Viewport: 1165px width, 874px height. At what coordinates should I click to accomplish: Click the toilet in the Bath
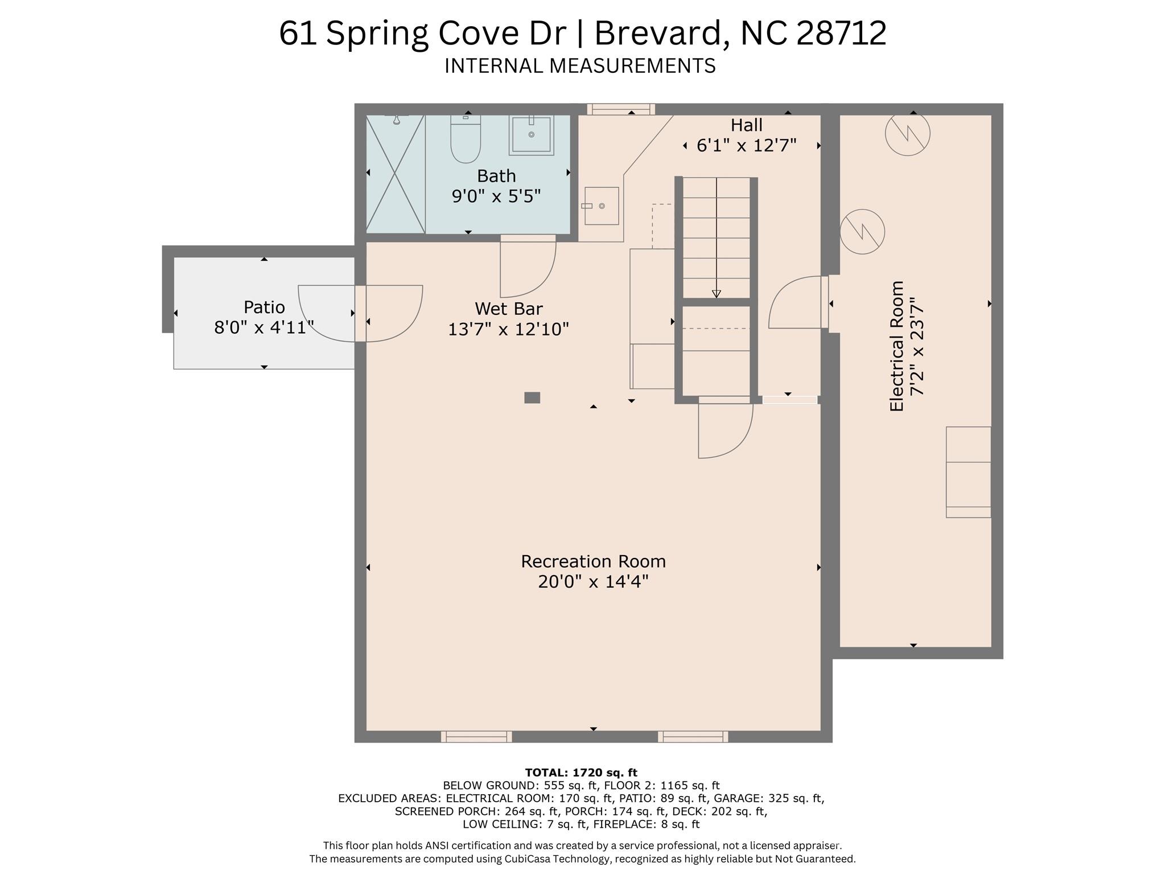[x=466, y=139]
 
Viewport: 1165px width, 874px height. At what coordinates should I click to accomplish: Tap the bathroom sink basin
[x=531, y=135]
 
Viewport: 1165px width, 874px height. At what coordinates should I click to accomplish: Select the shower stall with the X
[x=395, y=174]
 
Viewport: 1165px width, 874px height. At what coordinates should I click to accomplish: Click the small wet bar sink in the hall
[x=601, y=206]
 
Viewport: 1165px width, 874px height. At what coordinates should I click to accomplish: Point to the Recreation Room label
[x=593, y=561]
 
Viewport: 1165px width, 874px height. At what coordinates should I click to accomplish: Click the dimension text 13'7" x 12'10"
[x=508, y=330]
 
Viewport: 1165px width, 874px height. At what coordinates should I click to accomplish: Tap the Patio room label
[x=264, y=307]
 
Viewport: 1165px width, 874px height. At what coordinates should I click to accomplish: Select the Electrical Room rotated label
[x=897, y=346]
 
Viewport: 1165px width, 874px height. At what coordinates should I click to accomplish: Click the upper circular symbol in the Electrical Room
[x=907, y=133]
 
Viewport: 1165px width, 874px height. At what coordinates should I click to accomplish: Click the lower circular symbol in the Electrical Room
[x=862, y=231]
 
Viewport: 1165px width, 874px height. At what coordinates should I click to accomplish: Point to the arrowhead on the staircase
[x=716, y=294]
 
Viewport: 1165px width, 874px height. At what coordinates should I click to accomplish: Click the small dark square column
[x=532, y=397]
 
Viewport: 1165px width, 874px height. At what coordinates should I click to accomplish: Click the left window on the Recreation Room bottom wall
[x=476, y=737]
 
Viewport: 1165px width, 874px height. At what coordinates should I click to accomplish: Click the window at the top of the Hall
[x=620, y=109]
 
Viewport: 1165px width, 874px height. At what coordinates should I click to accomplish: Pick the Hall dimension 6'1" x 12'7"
[x=746, y=146]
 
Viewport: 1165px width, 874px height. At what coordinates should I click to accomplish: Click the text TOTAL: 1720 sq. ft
[x=581, y=773]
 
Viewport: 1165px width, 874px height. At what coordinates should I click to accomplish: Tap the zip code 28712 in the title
[x=841, y=33]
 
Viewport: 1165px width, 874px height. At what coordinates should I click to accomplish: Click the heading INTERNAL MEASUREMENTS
[x=580, y=66]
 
